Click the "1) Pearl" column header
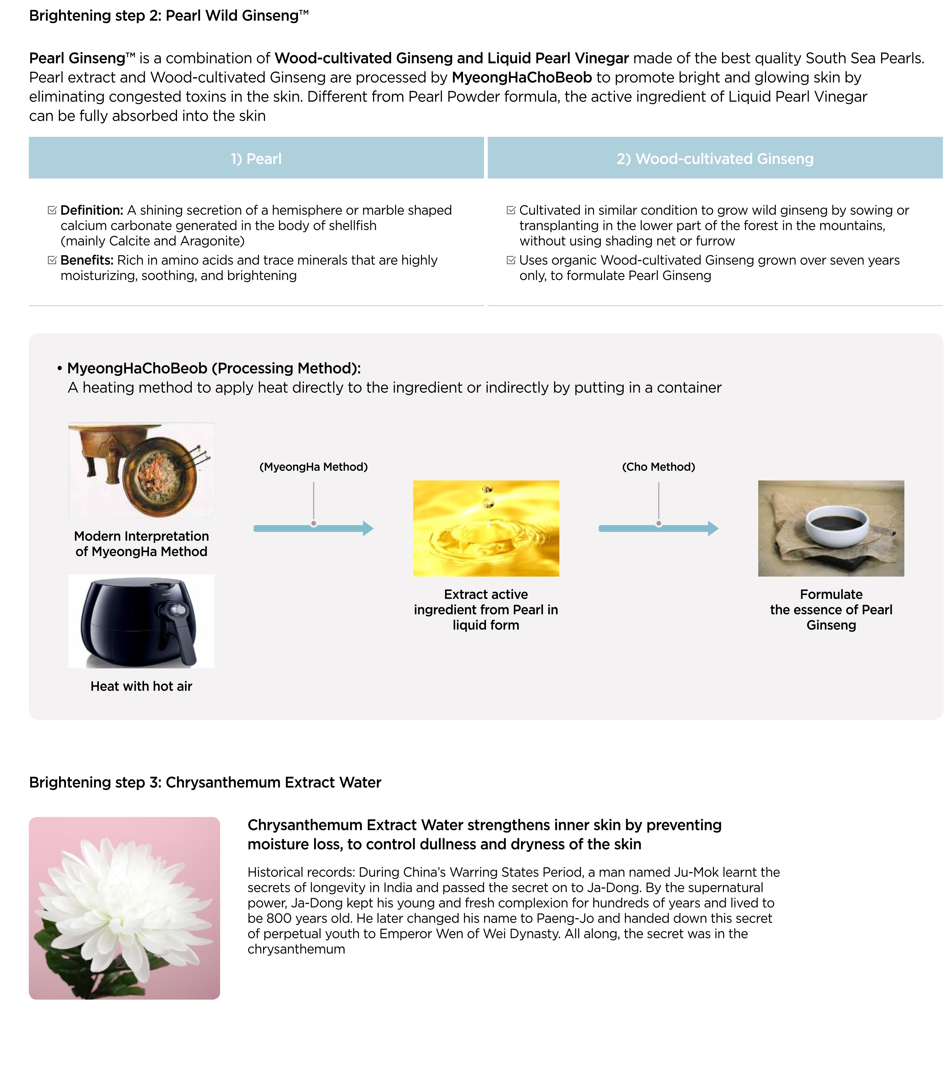coord(256,159)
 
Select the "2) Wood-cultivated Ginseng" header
coord(715,159)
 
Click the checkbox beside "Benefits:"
coord(52,260)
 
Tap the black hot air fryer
coord(139,621)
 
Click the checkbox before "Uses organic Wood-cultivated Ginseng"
coord(511,260)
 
